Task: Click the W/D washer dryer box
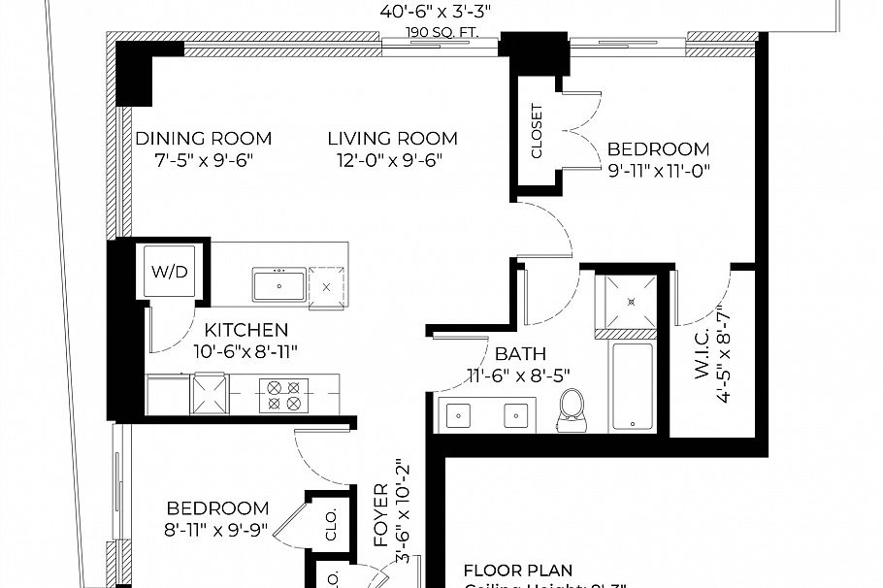(173, 273)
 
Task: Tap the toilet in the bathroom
(572, 411)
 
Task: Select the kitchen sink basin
(279, 287)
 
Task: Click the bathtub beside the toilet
(633, 385)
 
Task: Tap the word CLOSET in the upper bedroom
(538, 131)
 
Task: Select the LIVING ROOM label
(392, 139)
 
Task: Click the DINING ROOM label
(203, 139)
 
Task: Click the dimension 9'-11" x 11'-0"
(660, 171)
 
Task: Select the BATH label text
(519, 354)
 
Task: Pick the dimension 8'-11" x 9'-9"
(217, 530)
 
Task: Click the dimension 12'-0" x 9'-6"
(392, 160)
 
